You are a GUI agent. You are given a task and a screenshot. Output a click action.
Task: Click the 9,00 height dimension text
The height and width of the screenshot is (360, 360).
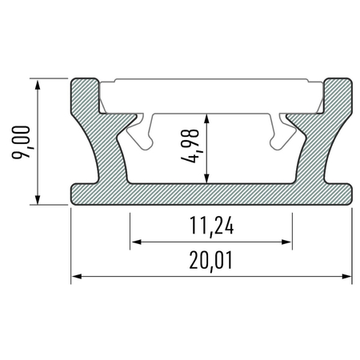coord(24,142)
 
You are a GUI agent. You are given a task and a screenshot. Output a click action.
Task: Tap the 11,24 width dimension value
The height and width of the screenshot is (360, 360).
coord(211,228)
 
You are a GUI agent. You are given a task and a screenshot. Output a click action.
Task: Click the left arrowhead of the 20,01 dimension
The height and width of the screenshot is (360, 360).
coord(77,278)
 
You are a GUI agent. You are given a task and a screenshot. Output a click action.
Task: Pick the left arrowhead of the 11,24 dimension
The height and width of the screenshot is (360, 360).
coord(135,241)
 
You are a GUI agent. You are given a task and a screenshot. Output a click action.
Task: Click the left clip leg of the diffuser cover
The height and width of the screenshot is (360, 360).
coord(145,133)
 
